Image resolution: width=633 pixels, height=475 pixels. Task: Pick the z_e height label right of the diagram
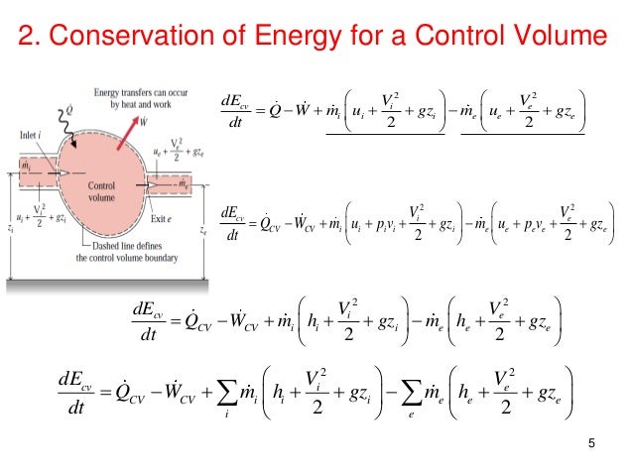203,231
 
